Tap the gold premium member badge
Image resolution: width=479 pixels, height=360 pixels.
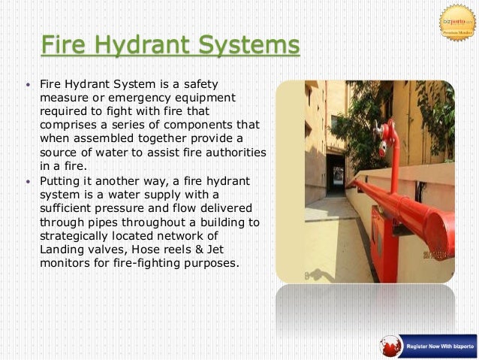[x=457, y=22]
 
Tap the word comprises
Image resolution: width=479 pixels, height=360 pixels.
[x=66, y=125]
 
